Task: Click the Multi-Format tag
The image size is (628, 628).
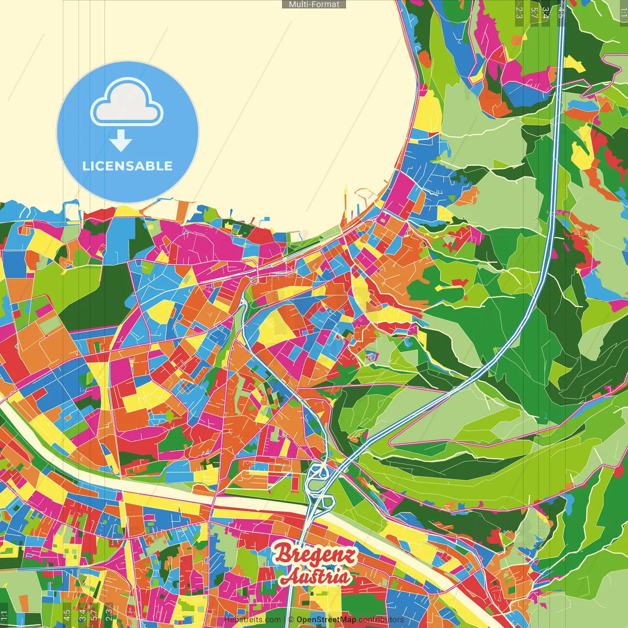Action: point(314,4)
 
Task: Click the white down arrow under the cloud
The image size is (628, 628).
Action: point(121,141)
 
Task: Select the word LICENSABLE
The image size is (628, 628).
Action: point(128,166)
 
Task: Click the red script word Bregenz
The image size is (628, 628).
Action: point(315,555)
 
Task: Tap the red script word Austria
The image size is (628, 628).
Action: point(316,576)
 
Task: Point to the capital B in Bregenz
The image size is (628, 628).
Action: point(284,554)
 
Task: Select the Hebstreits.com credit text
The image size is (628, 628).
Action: point(252,620)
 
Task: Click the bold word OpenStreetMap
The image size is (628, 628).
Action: point(326,620)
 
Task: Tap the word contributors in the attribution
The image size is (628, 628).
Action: point(381,620)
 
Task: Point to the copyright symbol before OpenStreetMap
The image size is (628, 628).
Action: point(291,620)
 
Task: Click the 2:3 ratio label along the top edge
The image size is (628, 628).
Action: point(519,12)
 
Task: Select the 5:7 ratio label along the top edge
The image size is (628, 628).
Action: point(534,12)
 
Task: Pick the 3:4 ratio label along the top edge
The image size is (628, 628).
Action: point(546,12)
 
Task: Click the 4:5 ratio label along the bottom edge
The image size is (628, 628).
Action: point(67,615)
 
